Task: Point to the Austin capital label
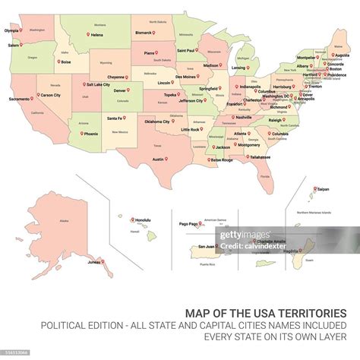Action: click(x=157, y=159)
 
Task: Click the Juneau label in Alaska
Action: click(x=94, y=262)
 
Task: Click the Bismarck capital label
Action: click(x=144, y=33)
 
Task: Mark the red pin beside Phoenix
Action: click(x=81, y=133)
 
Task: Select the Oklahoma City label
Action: click(x=157, y=122)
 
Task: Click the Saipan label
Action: click(x=324, y=188)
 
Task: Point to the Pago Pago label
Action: click(x=188, y=224)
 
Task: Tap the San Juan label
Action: click(x=205, y=246)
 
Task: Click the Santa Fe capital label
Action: click(x=115, y=118)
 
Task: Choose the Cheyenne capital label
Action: click(x=115, y=77)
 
